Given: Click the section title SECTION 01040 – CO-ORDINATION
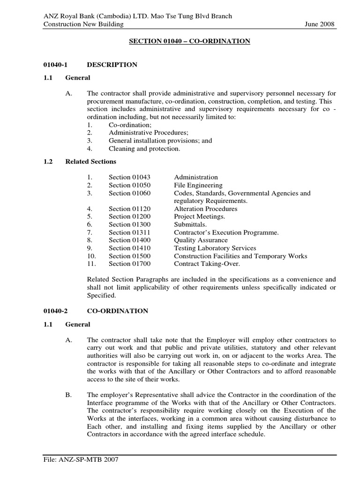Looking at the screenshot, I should pyautogui.click(x=189, y=42).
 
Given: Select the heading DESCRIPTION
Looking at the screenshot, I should pyautogui.click(x=112, y=65).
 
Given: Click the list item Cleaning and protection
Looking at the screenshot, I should pyautogui.click(x=144, y=149).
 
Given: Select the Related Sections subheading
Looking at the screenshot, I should pyautogui.click(x=90, y=162).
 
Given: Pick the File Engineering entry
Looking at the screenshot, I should pyautogui.click(x=198, y=185).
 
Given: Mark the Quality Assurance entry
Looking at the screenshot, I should pyautogui.click(x=201, y=240).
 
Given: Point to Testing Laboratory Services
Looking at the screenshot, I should pyautogui.click(x=215, y=248).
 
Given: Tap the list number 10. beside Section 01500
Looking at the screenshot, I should pyautogui.click(x=91, y=256).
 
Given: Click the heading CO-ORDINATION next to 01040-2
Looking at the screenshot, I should pyautogui.click(x=117, y=311).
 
